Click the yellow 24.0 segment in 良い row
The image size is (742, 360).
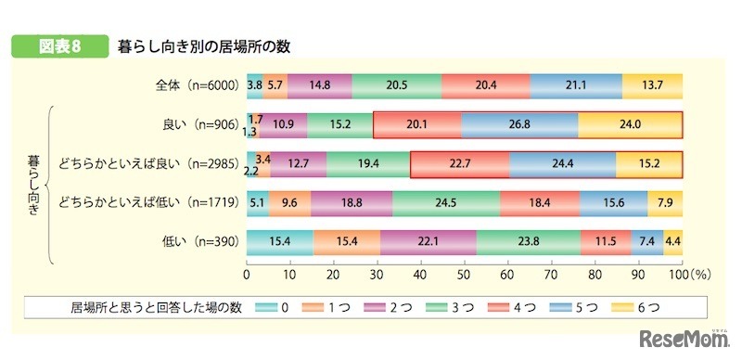click(x=630, y=124)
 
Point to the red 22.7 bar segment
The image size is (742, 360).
click(x=459, y=163)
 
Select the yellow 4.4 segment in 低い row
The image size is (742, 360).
click(x=673, y=241)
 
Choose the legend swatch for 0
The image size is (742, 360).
click(x=263, y=306)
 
